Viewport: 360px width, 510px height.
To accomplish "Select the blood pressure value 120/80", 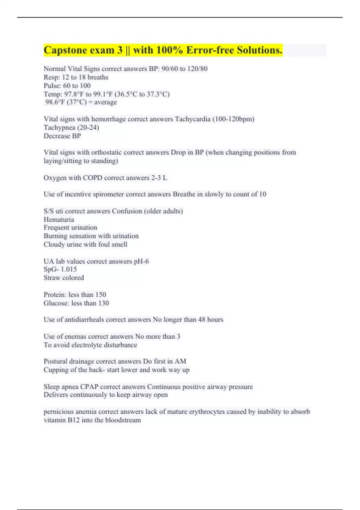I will point(197,69).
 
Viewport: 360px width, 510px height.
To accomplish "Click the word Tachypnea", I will point(59,127).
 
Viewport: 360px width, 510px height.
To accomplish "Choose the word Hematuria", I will point(59,219).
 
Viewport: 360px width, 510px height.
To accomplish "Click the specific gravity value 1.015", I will point(69,269).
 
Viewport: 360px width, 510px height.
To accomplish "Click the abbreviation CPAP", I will point(89,386).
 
